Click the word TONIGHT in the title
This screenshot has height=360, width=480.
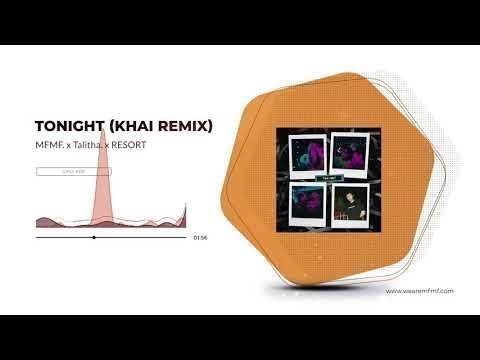pos(67,127)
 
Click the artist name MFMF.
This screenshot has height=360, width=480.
pos(49,147)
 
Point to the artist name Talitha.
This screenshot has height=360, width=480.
pos(88,147)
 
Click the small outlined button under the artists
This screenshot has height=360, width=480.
pos(73,171)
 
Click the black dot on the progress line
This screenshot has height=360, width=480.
pos(94,238)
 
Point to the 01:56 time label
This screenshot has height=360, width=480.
pos(200,238)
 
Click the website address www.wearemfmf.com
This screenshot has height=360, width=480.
pos(420,291)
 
